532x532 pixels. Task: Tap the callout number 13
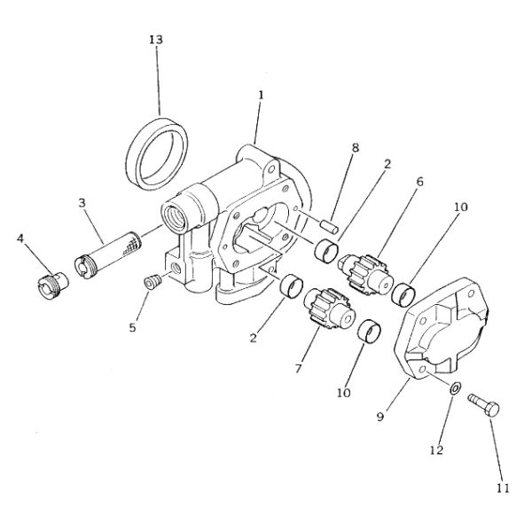point(157,42)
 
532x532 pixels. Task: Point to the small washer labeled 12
point(454,387)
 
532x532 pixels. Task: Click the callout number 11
point(503,487)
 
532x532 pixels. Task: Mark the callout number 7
point(299,367)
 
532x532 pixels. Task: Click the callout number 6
point(419,181)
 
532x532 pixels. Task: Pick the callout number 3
point(81,203)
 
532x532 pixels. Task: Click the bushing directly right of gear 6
point(407,290)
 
